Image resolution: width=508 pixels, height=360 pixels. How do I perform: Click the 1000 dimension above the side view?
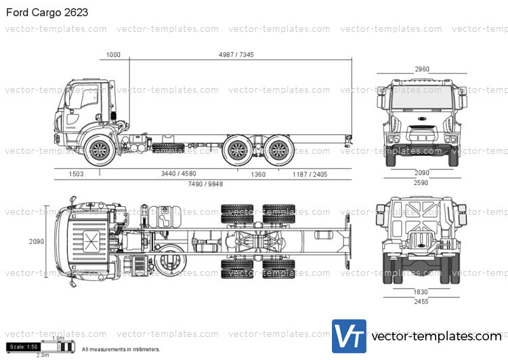[113, 55]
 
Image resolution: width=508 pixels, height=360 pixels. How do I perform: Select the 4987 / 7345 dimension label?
[236, 55]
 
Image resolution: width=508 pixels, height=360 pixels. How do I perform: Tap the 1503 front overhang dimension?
[76, 174]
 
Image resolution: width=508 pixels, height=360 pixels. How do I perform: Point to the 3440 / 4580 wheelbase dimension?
[178, 174]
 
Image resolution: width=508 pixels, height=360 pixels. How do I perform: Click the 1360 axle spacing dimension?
[258, 174]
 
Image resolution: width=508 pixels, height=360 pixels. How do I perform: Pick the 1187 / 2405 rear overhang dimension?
[310, 174]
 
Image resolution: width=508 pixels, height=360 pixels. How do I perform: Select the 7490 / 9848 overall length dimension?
[205, 184]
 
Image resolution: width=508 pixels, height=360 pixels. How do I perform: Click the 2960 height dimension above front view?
[422, 68]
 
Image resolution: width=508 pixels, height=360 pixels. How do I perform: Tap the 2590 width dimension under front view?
[421, 183]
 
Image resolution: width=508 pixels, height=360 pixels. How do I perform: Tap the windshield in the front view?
[421, 100]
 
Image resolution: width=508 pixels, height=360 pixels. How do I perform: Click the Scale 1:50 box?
[24, 347]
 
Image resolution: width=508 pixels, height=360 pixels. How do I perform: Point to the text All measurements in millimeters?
[121, 350]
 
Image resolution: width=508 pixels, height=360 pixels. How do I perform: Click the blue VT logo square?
[349, 336]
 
